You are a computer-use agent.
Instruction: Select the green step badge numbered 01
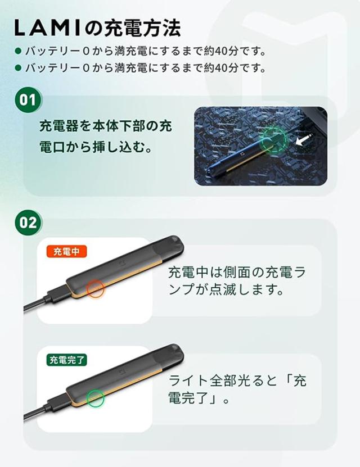[28, 101]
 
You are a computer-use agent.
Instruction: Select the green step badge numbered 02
[28, 222]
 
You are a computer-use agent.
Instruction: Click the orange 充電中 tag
[66, 251]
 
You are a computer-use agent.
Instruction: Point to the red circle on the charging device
[96, 288]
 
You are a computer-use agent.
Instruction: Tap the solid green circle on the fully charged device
[96, 397]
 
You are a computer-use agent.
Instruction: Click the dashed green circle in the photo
[274, 138]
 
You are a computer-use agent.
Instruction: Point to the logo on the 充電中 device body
[123, 262]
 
